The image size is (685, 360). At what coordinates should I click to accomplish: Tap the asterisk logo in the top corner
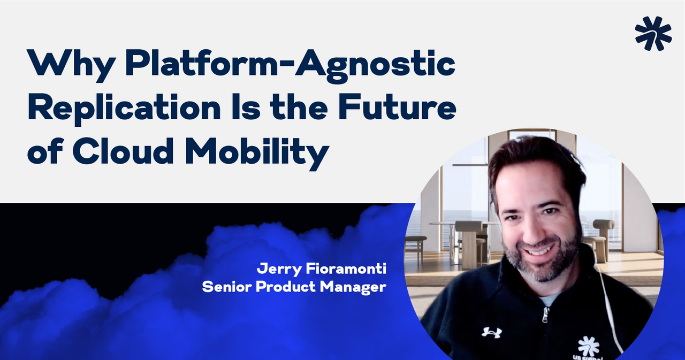653,33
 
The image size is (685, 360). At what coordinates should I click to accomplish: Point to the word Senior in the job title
226,287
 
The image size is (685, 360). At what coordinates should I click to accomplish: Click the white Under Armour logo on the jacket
491,332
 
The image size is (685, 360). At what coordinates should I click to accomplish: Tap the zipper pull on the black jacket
544,316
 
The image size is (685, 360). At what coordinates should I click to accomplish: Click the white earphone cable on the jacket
610,310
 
